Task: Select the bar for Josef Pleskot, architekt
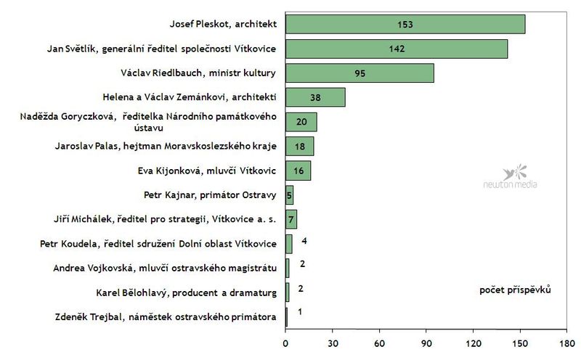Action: (x=405, y=24)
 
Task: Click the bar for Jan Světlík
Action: (x=396, y=49)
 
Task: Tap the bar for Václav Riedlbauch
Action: (x=359, y=73)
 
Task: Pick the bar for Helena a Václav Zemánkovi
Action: (x=314, y=97)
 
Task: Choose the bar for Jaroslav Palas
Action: (x=299, y=146)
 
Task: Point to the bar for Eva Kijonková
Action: (x=298, y=171)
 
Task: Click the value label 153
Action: (x=405, y=25)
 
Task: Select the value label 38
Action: (x=315, y=98)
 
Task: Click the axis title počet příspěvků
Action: (x=515, y=290)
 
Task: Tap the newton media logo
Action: (x=511, y=178)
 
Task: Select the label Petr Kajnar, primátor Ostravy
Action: (x=211, y=195)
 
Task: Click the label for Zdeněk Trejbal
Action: (x=166, y=316)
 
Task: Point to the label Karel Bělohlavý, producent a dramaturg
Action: (x=187, y=292)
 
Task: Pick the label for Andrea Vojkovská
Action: (x=166, y=268)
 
